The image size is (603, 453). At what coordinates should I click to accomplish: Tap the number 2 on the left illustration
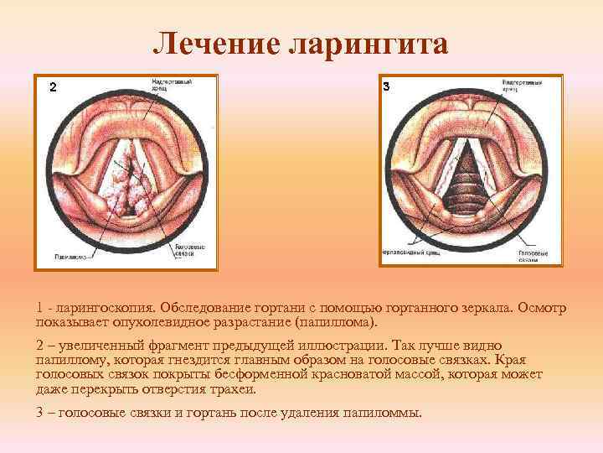pos(53,87)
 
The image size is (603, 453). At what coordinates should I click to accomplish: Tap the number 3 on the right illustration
pos(386,86)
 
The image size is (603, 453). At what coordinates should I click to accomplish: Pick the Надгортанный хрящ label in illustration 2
pos(173,85)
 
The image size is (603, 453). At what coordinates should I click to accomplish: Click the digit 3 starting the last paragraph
pos(40,414)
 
